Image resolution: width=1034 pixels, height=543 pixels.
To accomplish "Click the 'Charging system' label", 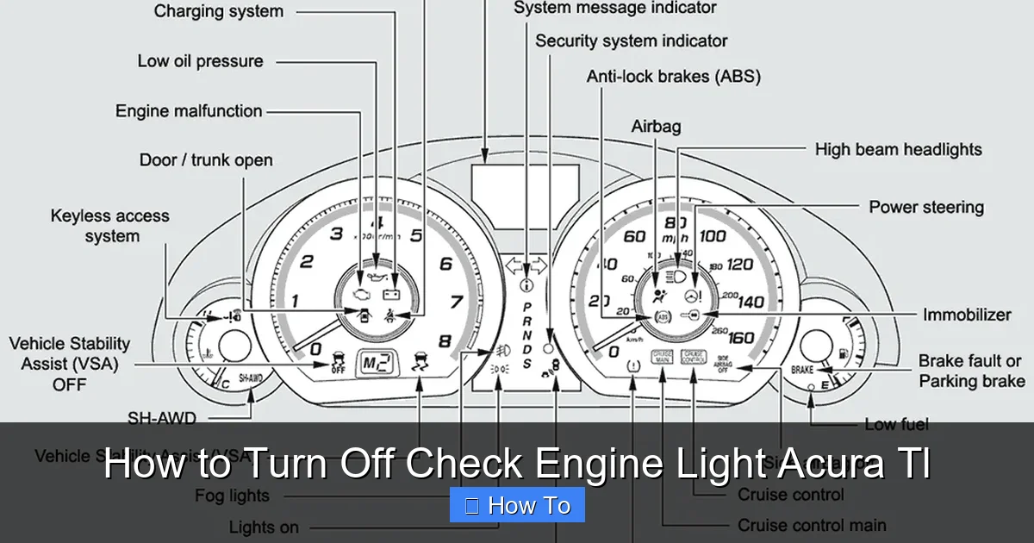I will pos(218,12).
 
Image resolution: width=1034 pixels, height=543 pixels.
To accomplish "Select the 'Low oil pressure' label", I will pos(200,61).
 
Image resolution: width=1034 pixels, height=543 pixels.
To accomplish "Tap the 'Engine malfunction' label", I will pos(189,111).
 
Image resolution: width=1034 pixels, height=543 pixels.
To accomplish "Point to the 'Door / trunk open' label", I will pos(206,160).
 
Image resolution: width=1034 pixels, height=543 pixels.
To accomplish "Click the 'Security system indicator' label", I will pos(631,41).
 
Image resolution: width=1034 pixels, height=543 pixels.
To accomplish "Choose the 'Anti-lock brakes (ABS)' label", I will pos(674,77).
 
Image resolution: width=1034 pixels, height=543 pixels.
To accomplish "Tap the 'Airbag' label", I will pos(656,127).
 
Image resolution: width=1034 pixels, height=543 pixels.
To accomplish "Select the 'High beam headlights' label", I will pos(898,150).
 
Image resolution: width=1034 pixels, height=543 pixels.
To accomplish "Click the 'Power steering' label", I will pos(925,208).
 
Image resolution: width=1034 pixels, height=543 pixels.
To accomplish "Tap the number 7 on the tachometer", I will pos(455,302).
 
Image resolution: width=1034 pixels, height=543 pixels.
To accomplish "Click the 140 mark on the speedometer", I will pos(751,302).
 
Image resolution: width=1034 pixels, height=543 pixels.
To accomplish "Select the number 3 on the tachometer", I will pos(336,234).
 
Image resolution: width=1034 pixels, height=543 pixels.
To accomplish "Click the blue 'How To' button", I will pos(517,505).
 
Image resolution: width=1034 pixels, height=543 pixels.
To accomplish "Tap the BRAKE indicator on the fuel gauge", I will pos(801,371).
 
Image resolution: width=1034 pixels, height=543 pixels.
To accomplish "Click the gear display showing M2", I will pos(377,363).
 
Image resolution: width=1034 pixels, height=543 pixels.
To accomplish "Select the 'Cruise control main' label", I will pos(811,525).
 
